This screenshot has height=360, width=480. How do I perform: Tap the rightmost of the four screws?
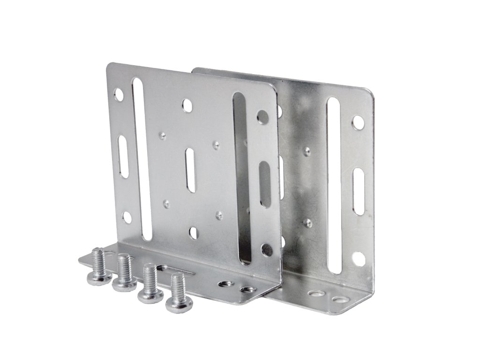pyautogui.click(x=176, y=293)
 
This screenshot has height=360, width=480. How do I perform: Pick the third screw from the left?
pyautogui.click(x=150, y=284)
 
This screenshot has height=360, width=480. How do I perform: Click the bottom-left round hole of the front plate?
pyautogui.click(x=126, y=217)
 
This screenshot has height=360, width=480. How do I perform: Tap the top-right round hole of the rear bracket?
pyautogui.click(x=358, y=123)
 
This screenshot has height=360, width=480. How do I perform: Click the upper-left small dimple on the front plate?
pyautogui.click(x=163, y=136)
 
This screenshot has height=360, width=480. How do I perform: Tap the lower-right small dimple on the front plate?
pyautogui.click(x=218, y=215)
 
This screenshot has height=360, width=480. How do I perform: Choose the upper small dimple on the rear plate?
pyautogui.click(x=307, y=151)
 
